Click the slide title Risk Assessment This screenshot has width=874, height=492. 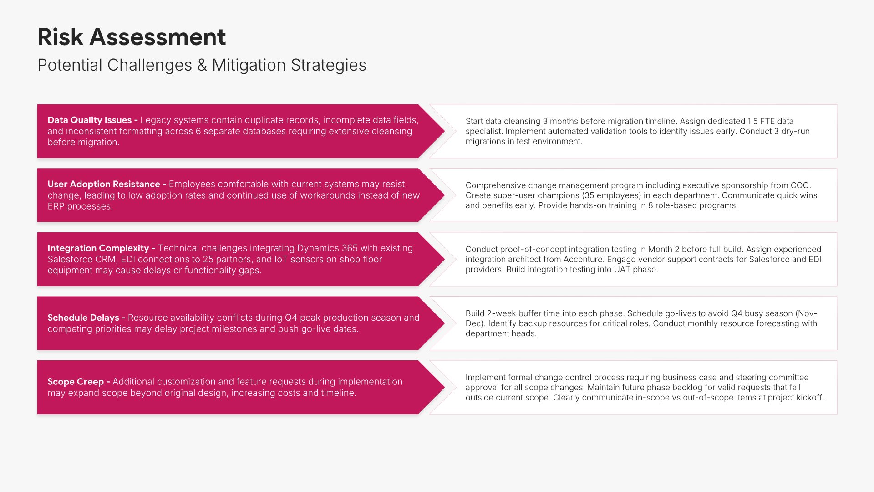(132, 37)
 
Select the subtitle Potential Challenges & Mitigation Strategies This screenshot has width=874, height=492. (202, 65)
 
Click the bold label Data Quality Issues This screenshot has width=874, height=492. (90, 120)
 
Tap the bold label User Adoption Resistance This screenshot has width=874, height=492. (104, 184)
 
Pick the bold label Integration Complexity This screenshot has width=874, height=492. (98, 248)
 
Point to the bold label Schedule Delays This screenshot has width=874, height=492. (83, 318)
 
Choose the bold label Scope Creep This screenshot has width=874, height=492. (76, 382)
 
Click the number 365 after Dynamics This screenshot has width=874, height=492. (350, 248)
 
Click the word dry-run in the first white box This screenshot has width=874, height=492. (795, 131)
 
